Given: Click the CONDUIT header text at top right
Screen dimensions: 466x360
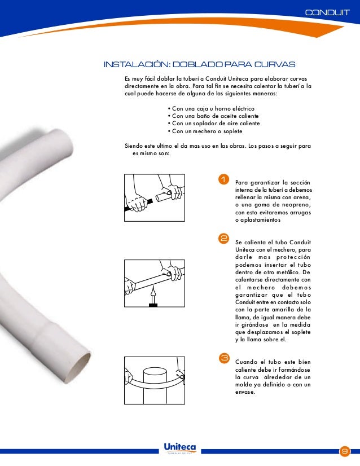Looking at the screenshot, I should [327, 12].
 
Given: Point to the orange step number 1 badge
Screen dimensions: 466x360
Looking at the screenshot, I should [223, 180].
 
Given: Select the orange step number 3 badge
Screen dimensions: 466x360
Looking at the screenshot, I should [223, 358].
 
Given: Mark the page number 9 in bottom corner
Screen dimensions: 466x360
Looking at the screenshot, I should [344, 452].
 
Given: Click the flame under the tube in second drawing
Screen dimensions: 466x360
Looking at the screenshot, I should [152, 294].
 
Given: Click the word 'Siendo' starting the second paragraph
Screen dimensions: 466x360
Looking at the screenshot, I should [134, 146].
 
